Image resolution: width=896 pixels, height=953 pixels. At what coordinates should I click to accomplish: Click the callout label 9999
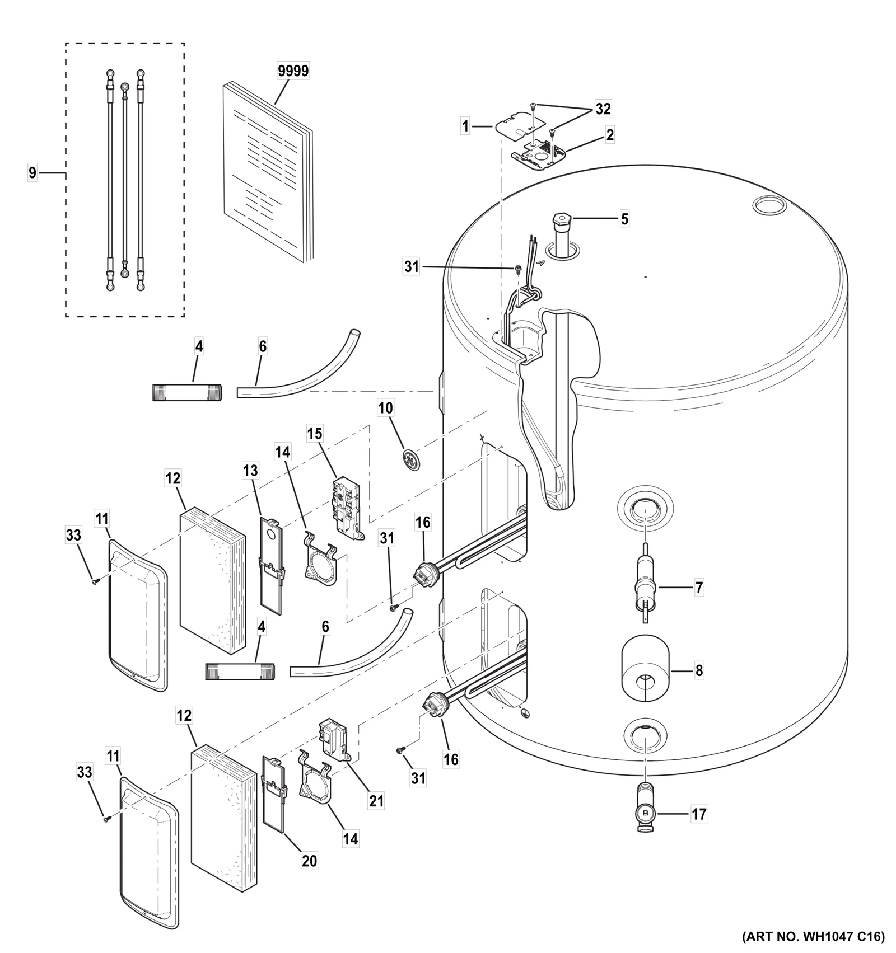[x=293, y=71]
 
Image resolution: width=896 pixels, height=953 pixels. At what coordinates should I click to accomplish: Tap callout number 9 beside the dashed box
[x=32, y=173]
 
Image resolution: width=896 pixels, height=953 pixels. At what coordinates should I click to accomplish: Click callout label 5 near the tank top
[x=624, y=219]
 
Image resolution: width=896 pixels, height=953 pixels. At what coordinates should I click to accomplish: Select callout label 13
[x=250, y=471]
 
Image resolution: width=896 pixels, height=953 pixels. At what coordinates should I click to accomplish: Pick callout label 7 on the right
[x=698, y=588]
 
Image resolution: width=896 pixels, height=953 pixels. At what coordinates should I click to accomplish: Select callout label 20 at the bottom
[x=309, y=860]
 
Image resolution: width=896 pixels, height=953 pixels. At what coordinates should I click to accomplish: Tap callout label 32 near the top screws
[x=603, y=109]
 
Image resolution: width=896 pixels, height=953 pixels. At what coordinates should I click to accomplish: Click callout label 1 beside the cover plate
[x=465, y=126]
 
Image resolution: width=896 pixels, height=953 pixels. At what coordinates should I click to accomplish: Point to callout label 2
[x=609, y=135]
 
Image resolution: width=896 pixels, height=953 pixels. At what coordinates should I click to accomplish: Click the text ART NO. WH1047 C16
[x=813, y=936]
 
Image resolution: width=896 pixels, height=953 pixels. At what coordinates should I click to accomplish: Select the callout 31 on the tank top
[x=412, y=267]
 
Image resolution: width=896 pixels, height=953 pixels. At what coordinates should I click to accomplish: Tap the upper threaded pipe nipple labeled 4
[x=186, y=392]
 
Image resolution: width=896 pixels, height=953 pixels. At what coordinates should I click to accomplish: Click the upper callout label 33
[x=73, y=536]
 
